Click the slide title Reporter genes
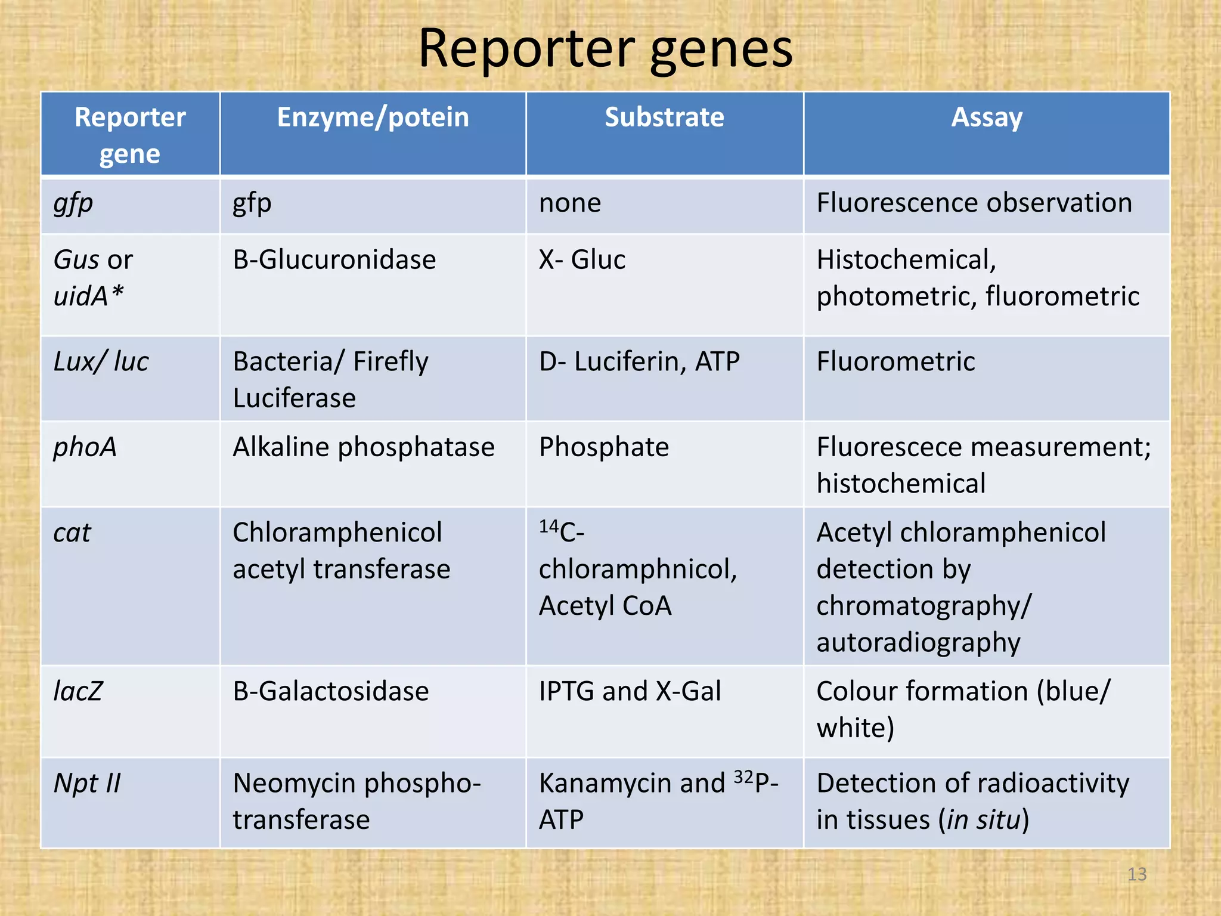pyautogui.click(x=605, y=49)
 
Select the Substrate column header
pyautogui.click(x=664, y=117)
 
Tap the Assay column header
pyautogui.click(x=987, y=117)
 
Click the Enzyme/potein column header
pyautogui.click(x=373, y=117)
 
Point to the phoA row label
pyautogui.click(x=85, y=447)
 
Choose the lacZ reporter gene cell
pyautogui.click(x=78, y=692)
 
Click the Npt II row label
pyautogui.click(x=87, y=784)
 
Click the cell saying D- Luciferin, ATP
pyautogui.click(x=639, y=362)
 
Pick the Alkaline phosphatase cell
pyautogui.click(x=364, y=447)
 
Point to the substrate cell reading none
pyautogui.click(x=570, y=203)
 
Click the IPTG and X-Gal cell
pyautogui.click(x=630, y=692)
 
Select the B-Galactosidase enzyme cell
pyautogui.click(x=331, y=692)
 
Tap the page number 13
pyautogui.click(x=1137, y=874)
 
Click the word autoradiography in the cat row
pyautogui.click(x=918, y=643)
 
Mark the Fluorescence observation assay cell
pyautogui.click(x=974, y=203)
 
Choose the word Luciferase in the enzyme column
pyautogui.click(x=295, y=398)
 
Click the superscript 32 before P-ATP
pyautogui.click(x=743, y=778)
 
